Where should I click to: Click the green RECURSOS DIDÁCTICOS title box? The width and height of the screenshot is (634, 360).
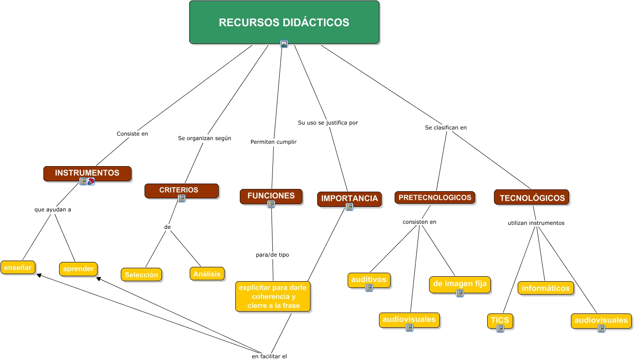pyautogui.click(x=284, y=22)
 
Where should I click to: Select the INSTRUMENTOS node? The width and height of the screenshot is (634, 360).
pyautogui.click(x=87, y=173)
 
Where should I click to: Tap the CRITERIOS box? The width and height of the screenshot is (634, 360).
pyautogui.click(x=181, y=190)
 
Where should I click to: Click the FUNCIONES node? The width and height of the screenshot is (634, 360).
pyautogui.click(x=271, y=196)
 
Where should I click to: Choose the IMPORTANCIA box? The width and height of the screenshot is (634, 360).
pyautogui.click(x=349, y=198)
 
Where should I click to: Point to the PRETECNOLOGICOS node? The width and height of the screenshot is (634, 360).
pyautogui.click(x=434, y=197)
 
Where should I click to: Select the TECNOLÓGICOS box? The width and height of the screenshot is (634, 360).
pyautogui.click(x=532, y=197)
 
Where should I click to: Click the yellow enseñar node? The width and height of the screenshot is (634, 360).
pyautogui.click(x=18, y=267)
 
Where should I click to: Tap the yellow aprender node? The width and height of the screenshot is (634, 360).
pyautogui.click(x=78, y=269)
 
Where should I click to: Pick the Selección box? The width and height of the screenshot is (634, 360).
pyautogui.click(x=141, y=274)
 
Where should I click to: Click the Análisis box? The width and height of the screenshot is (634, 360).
pyautogui.click(x=207, y=273)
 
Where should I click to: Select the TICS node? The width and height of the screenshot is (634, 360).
pyautogui.click(x=500, y=321)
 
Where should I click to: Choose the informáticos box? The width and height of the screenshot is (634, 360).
pyautogui.click(x=545, y=288)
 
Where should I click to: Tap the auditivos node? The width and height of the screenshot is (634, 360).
pyautogui.click(x=369, y=279)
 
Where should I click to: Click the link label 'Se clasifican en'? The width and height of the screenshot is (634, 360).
pyautogui.click(x=446, y=128)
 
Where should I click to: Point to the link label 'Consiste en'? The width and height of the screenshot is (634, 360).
pyautogui.click(x=132, y=133)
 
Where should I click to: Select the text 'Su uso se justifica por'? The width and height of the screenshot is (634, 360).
pyautogui.click(x=328, y=122)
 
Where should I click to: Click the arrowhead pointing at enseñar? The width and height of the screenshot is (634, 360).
pyautogui.click(x=39, y=275)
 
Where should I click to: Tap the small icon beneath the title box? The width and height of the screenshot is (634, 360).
pyautogui.click(x=284, y=44)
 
